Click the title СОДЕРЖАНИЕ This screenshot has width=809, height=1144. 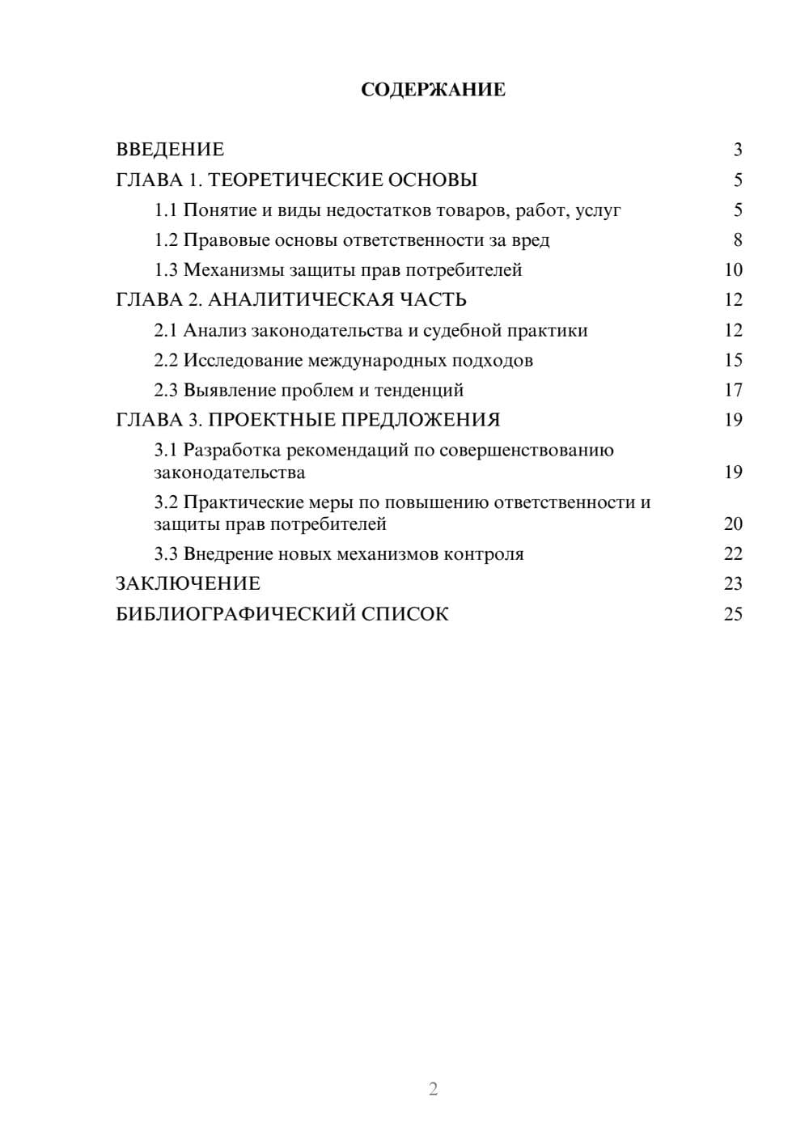[x=433, y=90]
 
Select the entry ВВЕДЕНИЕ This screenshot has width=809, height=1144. [x=170, y=150]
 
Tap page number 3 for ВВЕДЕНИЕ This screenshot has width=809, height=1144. [x=737, y=150]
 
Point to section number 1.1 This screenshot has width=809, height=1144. [x=166, y=210]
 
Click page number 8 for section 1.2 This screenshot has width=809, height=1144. [x=737, y=240]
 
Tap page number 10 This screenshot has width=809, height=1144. [x=733, y=270]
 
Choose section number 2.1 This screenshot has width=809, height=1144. [x=166, y=331]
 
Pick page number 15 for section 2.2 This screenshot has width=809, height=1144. [x=733, y=360]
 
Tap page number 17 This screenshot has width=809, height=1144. [x=733, y=390]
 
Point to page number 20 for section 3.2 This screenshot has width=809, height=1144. [x=733, y=524]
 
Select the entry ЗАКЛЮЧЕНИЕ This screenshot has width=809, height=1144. [x=188, y=584]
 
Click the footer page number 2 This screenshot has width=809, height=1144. [x=433, y=1089]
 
